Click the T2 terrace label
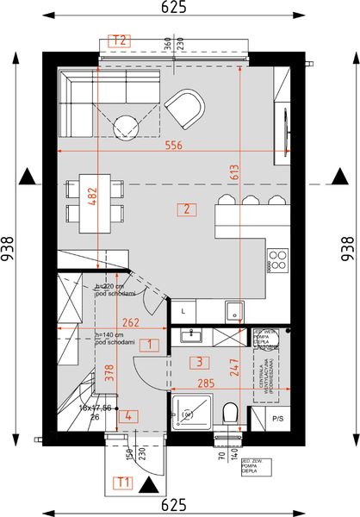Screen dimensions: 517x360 (120, 40)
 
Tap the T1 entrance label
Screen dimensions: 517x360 (124, 482)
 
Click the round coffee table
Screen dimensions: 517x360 (128, 128)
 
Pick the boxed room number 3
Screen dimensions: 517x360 (198, 362)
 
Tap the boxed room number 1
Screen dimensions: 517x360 (150, 345)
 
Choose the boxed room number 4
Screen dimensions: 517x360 (127, 416)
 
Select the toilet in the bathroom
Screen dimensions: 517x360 (229, 414)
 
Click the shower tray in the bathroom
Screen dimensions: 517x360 (191, 410)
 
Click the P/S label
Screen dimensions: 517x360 (277, 419)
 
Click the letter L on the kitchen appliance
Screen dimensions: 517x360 (183, 309)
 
